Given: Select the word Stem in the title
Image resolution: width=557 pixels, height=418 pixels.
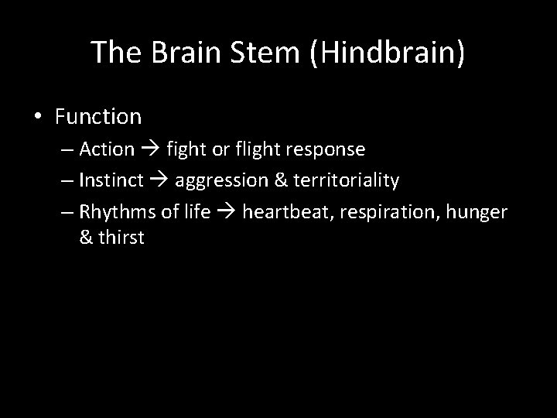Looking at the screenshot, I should [x=252, y=52].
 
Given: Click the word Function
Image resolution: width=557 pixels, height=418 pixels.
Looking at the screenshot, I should [x=98, y=117].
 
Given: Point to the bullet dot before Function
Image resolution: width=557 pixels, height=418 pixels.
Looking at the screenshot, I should [x=38, y=118].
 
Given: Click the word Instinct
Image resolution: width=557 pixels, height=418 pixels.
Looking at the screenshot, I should [x=111, y=181].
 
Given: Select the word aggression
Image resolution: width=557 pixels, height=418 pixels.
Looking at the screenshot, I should [x=219, y=181].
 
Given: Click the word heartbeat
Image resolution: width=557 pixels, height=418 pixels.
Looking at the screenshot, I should [x=282, y=212].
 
